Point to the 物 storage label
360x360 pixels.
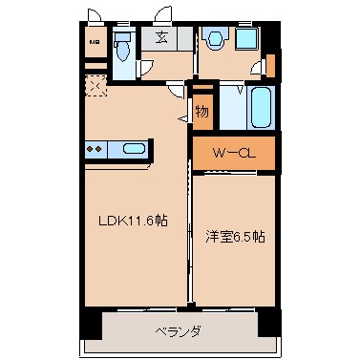[202, 111]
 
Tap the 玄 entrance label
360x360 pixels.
[162, 39]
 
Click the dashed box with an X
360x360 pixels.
[96, 86]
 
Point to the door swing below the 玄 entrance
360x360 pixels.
[176, 89]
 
